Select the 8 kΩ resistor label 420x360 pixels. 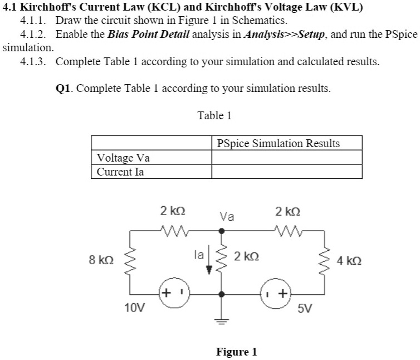101,260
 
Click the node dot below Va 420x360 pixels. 222,230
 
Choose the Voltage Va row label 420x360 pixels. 123,158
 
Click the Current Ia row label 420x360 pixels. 120,172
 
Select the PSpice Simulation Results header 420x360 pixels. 278,143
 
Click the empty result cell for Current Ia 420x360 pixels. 286,172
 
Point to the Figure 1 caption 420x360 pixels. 236,352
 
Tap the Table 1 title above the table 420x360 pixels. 214,115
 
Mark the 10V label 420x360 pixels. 134,307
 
